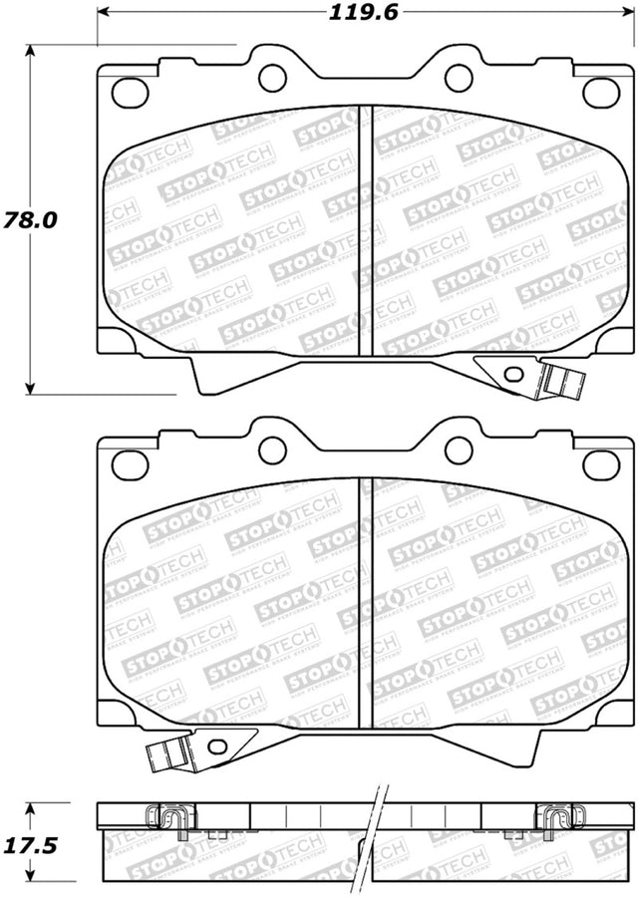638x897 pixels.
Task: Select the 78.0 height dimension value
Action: (x=28, y=219)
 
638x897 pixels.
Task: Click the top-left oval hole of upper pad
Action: (x=130, y=92)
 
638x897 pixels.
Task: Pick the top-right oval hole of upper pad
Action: (x=600, y=92)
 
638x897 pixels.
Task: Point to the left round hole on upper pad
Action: (x=272, y=78)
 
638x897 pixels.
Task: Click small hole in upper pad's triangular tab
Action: (x=513, y=375)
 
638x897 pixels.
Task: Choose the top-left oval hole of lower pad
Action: (x=130, y=462)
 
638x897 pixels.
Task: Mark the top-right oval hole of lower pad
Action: (x=600, y=462)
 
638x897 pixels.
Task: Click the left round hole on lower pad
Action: (x=272, y=449)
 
